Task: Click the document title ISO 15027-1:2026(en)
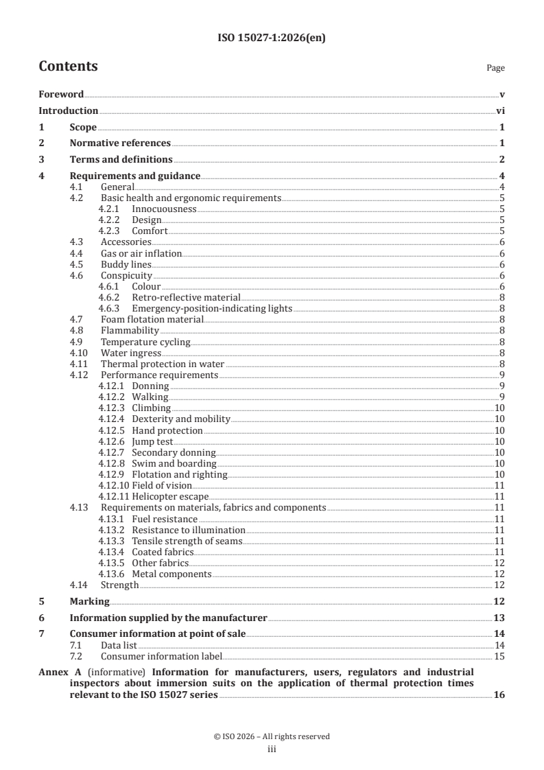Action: point(272,38)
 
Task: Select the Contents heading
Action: point(68,67)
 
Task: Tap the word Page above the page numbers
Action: point(495,68)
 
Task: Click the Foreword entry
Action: point(61,94)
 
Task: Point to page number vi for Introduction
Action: point(500,110)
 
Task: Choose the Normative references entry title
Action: point(120,143)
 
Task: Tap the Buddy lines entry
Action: point(126,264)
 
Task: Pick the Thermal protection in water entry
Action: point(162,364)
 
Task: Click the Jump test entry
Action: point(152,441)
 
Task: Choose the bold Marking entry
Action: point(90,601)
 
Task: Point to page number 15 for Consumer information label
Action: point(499,657)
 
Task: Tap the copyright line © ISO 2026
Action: point(272,736)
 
